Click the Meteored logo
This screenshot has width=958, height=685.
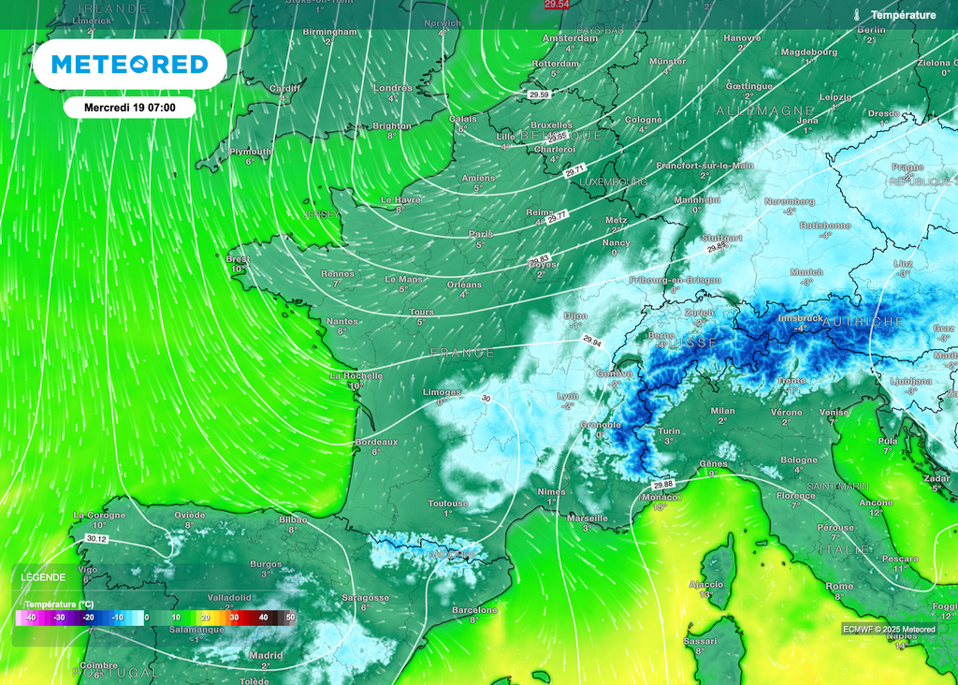129,65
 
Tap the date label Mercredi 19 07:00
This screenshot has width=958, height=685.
129,108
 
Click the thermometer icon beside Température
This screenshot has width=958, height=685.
857,15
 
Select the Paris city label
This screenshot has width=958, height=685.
480,234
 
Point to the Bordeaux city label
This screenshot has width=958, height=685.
377,441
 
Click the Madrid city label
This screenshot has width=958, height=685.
266,655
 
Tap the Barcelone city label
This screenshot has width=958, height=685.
474,609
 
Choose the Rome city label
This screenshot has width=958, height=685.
838,585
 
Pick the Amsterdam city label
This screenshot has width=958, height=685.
570,38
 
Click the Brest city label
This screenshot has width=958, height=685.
239,259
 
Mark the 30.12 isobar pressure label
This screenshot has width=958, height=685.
95,539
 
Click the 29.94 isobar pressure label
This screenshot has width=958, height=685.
593,340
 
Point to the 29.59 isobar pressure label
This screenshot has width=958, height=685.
539,95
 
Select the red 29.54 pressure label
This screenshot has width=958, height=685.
557,6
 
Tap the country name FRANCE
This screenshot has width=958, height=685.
462,353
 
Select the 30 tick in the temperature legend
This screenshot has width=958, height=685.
235,618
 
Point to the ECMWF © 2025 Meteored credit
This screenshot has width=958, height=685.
889,629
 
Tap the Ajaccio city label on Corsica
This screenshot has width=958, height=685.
705,584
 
